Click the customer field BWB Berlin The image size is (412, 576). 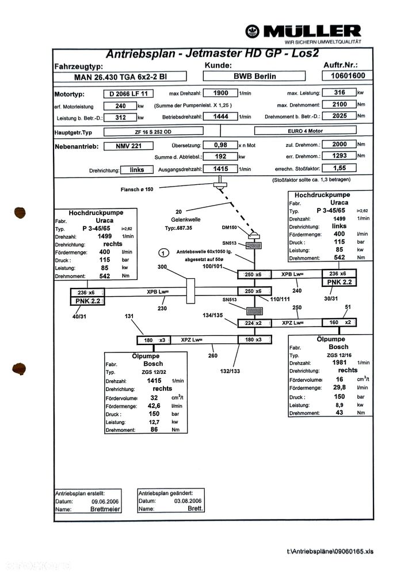pyautogui.click(x=254, y=76)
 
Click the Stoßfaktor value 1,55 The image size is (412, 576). pyautogui.click(x=338, y=168)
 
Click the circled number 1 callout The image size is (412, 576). pyautogui.click(x=163, y=253)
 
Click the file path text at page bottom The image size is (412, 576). pyautogui.click(x=330, y=552)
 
